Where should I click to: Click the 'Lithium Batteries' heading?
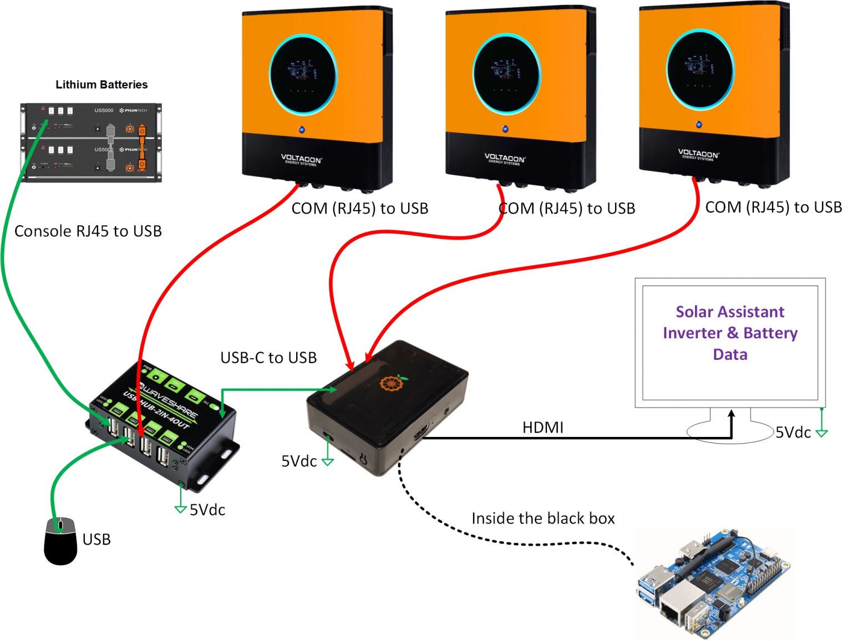click(102, 84)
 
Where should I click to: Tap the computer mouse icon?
click(60, 541)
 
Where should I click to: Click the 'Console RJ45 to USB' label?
click(88, 231)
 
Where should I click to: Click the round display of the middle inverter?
click(506, 73)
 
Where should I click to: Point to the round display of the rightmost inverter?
click(699, 68)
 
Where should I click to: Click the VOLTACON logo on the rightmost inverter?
click(698, 154)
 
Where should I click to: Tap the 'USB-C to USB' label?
click(268, 358)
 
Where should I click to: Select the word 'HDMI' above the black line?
click(542, 428)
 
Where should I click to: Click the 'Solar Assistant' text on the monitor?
click(729, 312)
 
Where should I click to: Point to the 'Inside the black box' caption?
click(543, 518)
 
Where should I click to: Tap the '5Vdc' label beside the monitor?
click(793, 433)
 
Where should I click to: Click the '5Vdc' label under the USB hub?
click(207, 510)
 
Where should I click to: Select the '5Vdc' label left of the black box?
click(299, 461)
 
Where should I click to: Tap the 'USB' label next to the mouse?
click(97, 540)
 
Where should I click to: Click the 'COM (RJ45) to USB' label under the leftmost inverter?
click(360, 208)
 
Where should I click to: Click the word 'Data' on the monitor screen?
click(730, 354)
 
